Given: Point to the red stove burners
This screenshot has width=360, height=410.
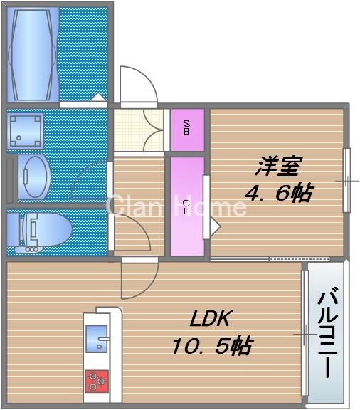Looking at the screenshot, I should click(97, 382).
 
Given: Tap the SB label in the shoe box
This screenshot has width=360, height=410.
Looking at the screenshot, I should click(186, 129).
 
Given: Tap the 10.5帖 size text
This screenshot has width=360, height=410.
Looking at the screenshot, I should click(211, 347).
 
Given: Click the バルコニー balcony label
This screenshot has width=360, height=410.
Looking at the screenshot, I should click(328, 333).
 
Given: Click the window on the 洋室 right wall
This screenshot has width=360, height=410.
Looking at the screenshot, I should click(346, 180).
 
